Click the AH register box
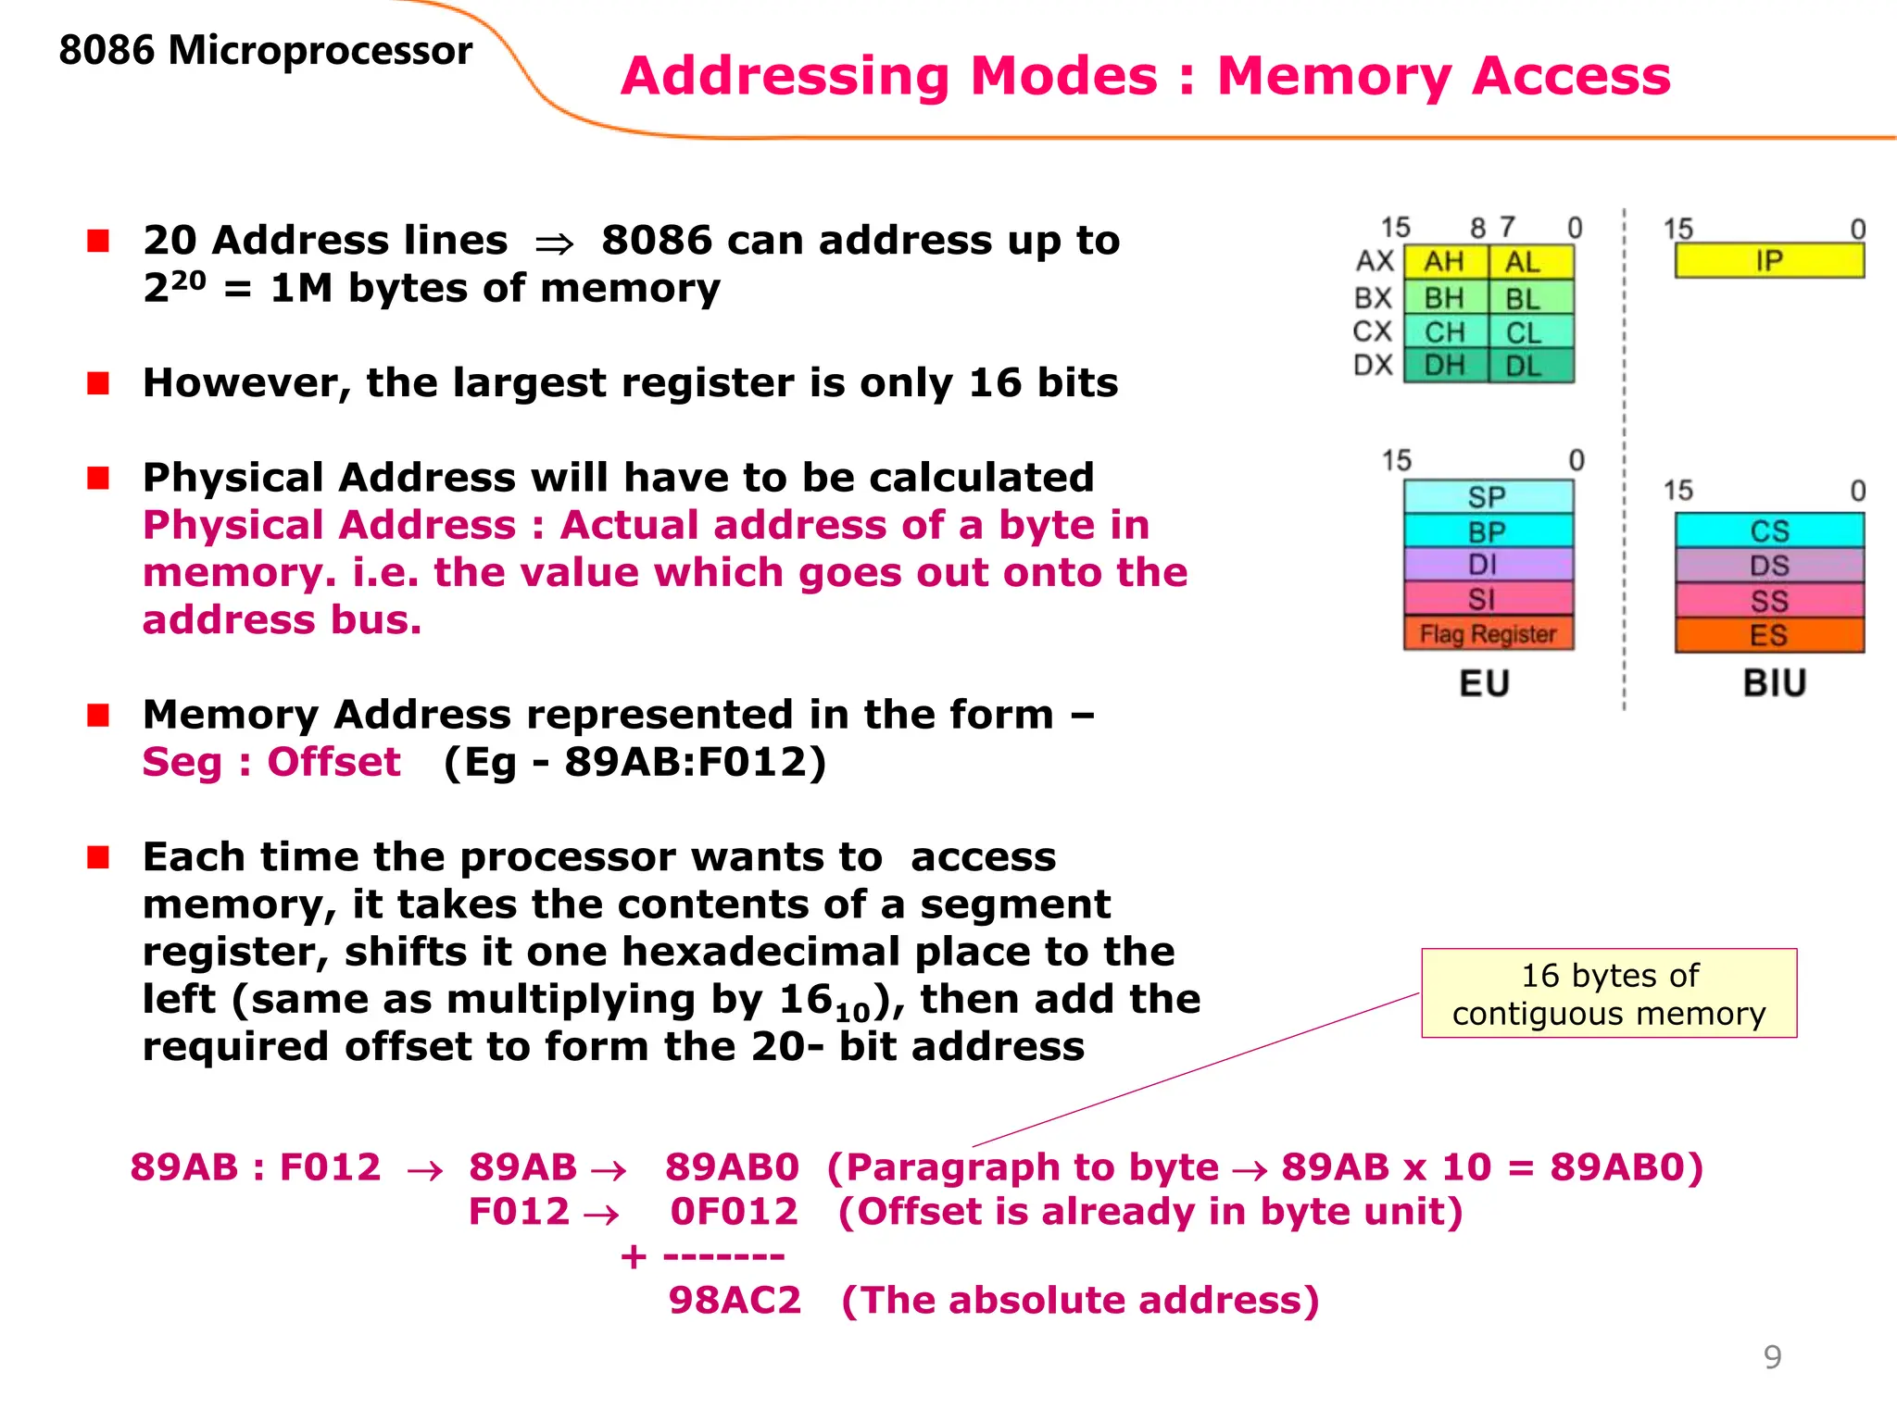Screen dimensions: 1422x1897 tap(1445, 262)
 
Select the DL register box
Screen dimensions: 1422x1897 tap(1529, 366)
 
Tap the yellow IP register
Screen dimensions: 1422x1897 tap(1769, 261)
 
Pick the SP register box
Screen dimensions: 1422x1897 tap(1488, 496)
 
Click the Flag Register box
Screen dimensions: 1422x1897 tap(1488, 634)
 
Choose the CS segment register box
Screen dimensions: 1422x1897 tap(1769, 530)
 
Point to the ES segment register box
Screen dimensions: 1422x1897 tap(1769, 636)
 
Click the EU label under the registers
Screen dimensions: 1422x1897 tap(1485, 683)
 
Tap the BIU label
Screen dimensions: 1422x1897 tap(1775, 683)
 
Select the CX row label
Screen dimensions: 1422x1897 tap(1373, 331)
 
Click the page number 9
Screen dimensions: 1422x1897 tap(1772, 1357)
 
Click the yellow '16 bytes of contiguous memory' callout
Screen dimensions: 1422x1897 tap(1609, 993)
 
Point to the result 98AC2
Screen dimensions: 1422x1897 tap(735, 1301)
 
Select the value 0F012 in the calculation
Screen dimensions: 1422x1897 tap(734, 1212)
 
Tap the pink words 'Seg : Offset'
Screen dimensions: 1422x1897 tap(271, 763)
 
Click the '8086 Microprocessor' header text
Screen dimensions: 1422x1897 tap(266, 50)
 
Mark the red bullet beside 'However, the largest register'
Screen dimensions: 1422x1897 tap(98, 383)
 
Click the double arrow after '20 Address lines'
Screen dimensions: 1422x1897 tap(554, 243)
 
